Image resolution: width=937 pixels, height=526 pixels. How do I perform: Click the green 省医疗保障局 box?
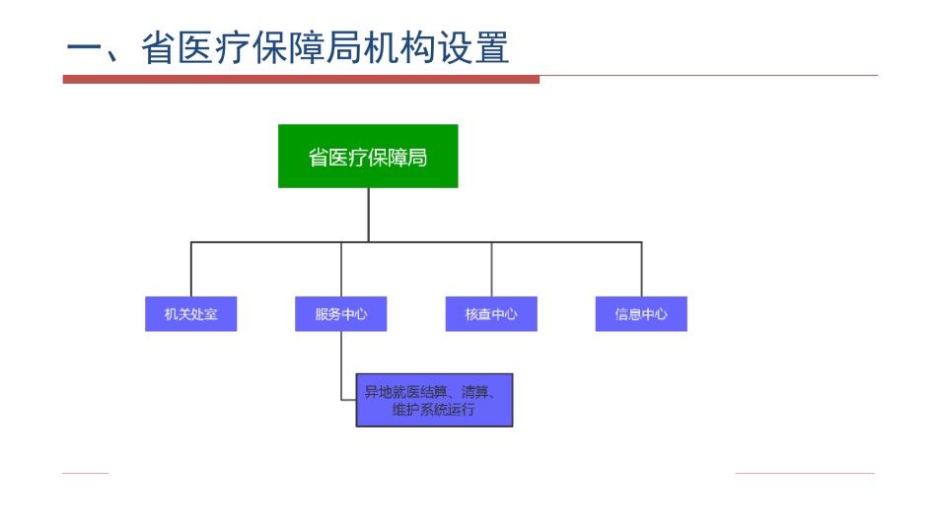point(368,157)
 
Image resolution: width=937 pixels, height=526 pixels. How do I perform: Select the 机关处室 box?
point(191,314)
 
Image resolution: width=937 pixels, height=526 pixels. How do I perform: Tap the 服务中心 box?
point(340,314)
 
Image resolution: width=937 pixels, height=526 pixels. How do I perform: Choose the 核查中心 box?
point(491,314)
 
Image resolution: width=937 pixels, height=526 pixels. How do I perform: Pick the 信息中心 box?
point(641,314)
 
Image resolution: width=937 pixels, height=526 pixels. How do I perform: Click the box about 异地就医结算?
point(434,400)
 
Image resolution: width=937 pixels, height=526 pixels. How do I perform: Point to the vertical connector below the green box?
point(368,215)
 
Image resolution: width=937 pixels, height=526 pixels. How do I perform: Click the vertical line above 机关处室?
point(191,269)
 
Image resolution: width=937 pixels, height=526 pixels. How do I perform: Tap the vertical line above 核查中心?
point(492,269)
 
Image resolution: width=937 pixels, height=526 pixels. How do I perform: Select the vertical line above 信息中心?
point(642,269)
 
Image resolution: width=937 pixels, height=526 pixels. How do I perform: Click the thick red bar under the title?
point(301,80)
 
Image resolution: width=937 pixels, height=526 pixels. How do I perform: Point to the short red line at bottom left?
point(86,474)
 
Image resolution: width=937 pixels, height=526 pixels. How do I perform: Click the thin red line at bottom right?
point(804,474)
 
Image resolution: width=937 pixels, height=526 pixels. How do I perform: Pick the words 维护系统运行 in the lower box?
point(433,410)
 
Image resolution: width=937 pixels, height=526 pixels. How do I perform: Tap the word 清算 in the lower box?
point(475,392)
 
